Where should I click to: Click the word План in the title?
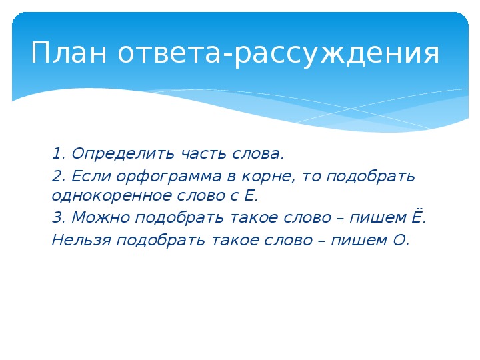(69, 53)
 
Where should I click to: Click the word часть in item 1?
(203, 154)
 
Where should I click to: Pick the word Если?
(91, 176)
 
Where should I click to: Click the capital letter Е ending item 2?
(251, 195)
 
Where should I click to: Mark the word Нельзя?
(81, 240)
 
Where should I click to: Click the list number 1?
(56, 154)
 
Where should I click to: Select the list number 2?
(57, 177)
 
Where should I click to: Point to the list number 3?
(57, 218)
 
